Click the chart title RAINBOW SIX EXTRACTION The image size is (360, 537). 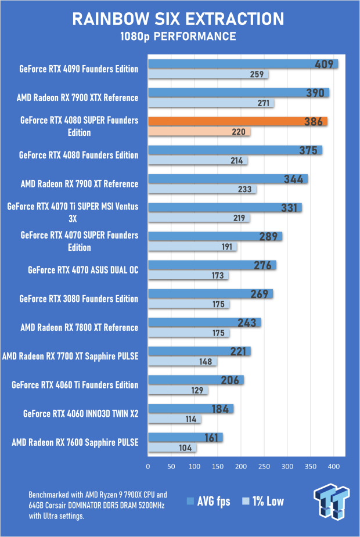178,19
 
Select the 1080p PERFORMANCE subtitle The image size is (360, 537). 178,37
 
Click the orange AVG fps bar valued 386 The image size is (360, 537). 237,121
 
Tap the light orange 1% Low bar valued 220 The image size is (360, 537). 199,132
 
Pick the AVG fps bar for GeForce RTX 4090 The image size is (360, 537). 243,64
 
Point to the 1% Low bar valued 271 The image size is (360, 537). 211,103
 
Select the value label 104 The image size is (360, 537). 186,448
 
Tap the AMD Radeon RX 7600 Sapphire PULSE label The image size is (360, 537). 75,443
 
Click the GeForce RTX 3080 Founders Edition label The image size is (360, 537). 79,299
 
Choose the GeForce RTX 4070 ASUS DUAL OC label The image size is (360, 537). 83,270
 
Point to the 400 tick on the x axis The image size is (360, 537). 333,466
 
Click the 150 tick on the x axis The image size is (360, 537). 218,466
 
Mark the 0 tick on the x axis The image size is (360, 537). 148,466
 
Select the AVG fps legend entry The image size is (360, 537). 208,502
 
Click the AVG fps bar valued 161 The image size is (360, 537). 185,438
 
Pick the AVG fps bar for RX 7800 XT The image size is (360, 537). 204,322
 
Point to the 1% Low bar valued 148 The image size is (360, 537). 182,362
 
